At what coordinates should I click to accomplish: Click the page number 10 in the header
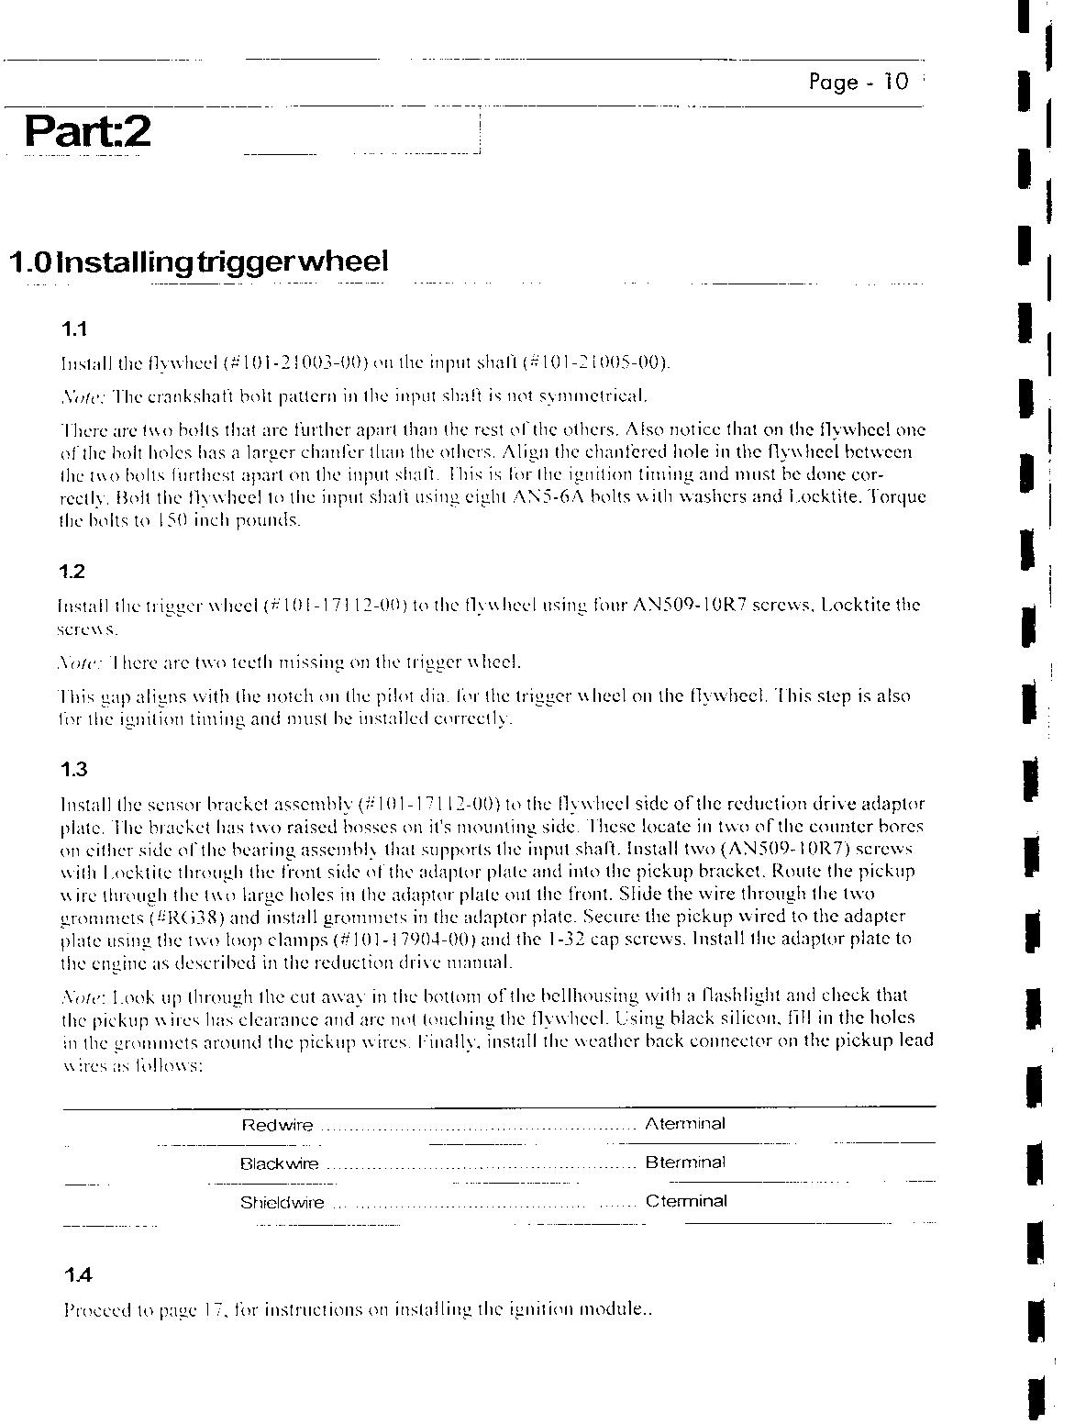click(x=895, y=83)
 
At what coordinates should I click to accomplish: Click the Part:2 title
click(x=87, y=131)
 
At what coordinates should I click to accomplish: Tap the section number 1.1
click(x=73, y=328)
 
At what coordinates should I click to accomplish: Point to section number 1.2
click(x=72, y=572)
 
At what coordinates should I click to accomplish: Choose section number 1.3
click(x=73, y=770)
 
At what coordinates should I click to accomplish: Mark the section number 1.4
click(x=78, y=1275)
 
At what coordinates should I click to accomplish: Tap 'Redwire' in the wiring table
click(x=276, y=1125)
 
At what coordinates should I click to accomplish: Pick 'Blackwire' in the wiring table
click(x=279, y=1163)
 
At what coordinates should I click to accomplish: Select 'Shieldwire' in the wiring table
click(x=282, y=1202)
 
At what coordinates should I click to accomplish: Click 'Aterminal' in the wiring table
click(x=684, y=1124)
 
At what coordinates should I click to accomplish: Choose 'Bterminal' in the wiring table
click(x=684, y=1163)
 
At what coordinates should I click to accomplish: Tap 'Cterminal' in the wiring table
click(x=685, y=1201)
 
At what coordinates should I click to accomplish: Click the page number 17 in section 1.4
click(x=213, y=1310)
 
